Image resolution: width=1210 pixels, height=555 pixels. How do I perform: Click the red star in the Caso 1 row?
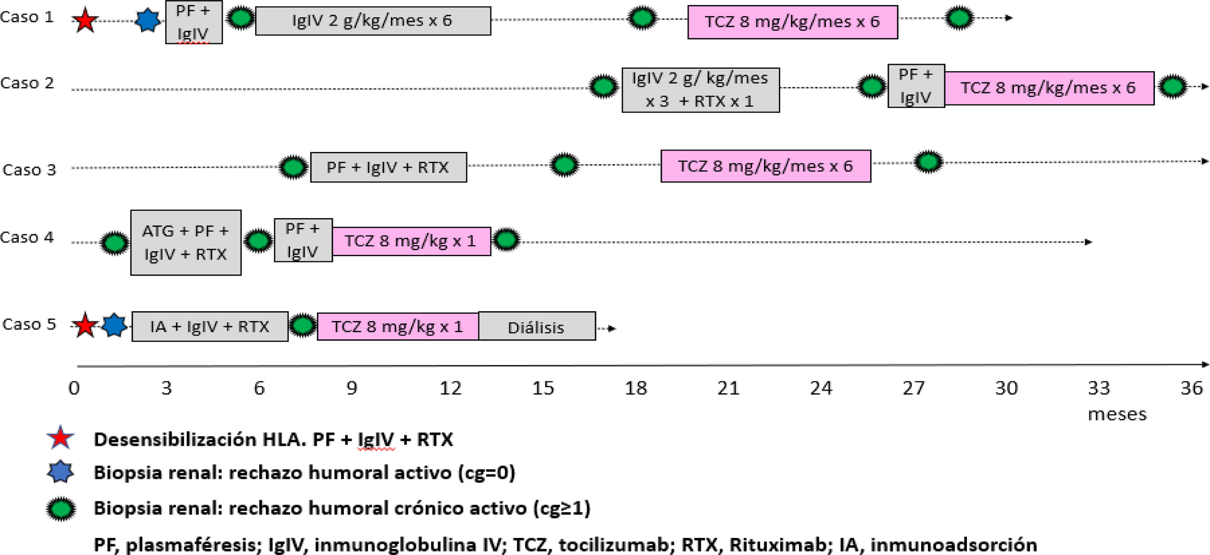pos(85,21)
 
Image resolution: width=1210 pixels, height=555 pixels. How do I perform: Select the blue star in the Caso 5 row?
pos(114,325)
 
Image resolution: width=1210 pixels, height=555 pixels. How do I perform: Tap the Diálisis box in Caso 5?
pos(536,327)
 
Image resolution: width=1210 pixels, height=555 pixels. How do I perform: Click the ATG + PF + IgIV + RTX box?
pos(185,243)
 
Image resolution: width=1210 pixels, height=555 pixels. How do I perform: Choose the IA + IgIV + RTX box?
pos(209,326)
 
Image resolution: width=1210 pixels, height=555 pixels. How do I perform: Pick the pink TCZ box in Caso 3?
pos(766,166)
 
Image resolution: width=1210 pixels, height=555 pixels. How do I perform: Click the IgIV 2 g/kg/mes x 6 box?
pos(373,21)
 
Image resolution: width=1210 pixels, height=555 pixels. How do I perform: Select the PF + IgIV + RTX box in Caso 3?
pos(388,167)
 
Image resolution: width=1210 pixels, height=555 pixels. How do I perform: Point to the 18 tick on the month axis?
pos(635,388)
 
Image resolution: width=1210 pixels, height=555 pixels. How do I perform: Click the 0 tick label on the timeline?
pos(74,388)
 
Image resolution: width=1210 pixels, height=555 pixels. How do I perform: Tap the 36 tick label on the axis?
pos(1192,388)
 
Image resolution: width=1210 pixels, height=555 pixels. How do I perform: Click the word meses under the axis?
pos(1117,414)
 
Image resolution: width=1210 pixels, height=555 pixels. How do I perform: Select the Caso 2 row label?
pos(27,83)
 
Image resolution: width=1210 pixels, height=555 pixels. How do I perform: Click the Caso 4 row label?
pos(27,238)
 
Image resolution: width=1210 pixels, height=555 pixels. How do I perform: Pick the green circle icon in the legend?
pos(61,509)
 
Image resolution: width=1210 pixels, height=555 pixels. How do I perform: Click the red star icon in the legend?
pos(61,438)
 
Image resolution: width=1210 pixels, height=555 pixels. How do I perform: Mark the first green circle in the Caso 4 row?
pos(114,243)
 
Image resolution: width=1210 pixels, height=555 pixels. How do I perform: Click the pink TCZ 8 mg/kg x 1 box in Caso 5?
pos(397,326)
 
